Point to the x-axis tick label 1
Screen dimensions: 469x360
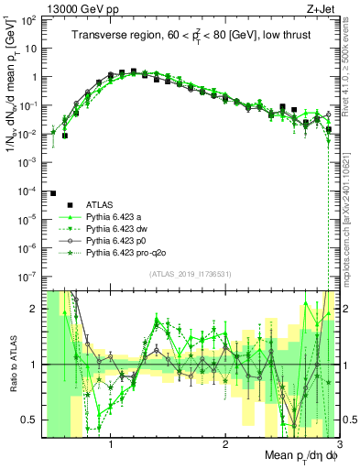[111, 445]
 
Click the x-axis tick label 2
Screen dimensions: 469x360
[224, 445]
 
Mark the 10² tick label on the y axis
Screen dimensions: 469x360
[30, 21]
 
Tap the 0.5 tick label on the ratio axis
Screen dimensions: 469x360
[28, 420]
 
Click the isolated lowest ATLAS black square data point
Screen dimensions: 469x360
[53, 193]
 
